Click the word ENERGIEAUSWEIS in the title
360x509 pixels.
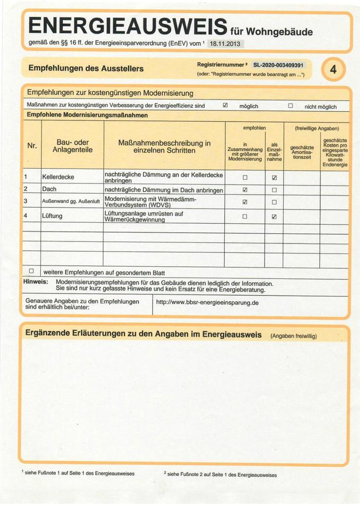pyautogui.click(x=127, y=25)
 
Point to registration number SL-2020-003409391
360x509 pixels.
pyautogui.click(x=279, y=65)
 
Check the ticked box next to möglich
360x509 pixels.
pyautogui.click(x=225, y=106)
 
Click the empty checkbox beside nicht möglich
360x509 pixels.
pyautogui.click(x=290, y=106)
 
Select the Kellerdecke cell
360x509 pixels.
pyautogui.click(x=58, y=177)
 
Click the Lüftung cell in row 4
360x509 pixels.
pyautogui.click(x=52, y=216)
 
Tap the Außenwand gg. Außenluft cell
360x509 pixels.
pyautogui.click(x=71, y=202)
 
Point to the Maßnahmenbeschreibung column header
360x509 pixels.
pyautogui.click(x=164, y=146)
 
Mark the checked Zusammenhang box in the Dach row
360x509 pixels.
pyautogui.click(x=245, y=189)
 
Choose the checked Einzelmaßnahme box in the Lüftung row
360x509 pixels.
pyautogui.click(x=274, y=216)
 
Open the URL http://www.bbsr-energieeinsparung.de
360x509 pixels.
pyautogui.click(x=207, y=303)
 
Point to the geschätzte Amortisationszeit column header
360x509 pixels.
pyautogui.click(x=302, y=151)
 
